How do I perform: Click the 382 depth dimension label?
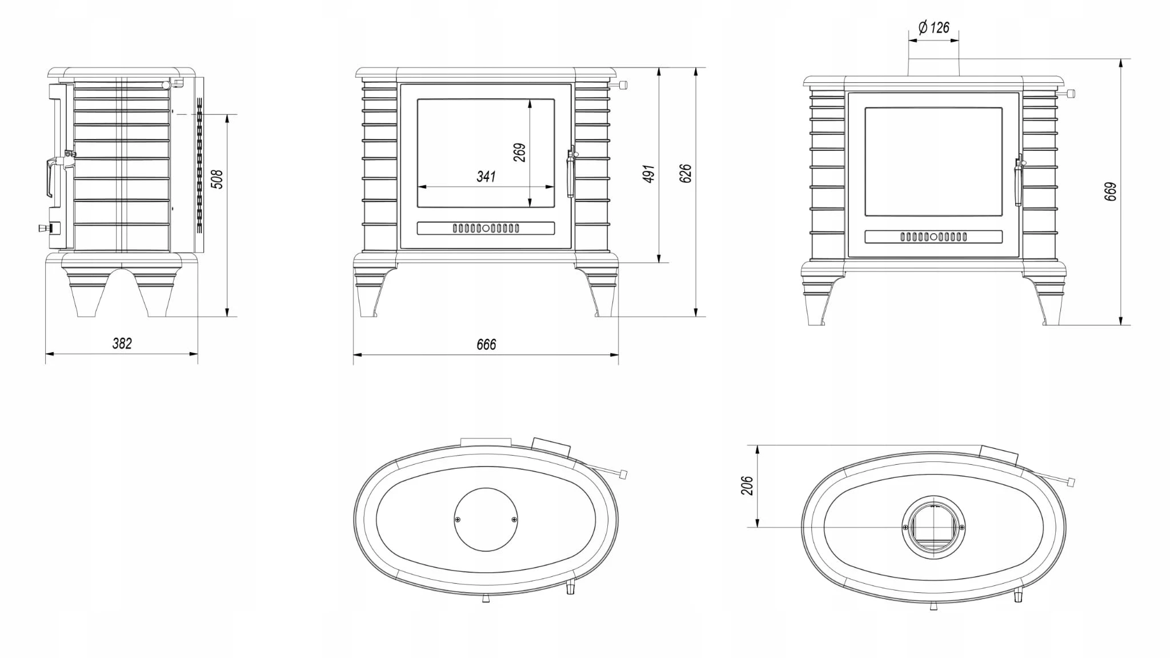point(122,343)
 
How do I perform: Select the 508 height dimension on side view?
point(217,179)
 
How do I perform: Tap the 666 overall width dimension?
point(486,344)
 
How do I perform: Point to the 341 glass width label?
point(486,177)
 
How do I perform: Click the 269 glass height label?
point(519,153)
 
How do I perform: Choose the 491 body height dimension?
point(648,174)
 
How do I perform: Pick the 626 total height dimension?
point(686,173)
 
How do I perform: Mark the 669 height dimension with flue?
point(1110,192)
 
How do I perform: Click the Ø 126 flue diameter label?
point(933,27)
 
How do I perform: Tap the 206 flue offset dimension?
point(747,485)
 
